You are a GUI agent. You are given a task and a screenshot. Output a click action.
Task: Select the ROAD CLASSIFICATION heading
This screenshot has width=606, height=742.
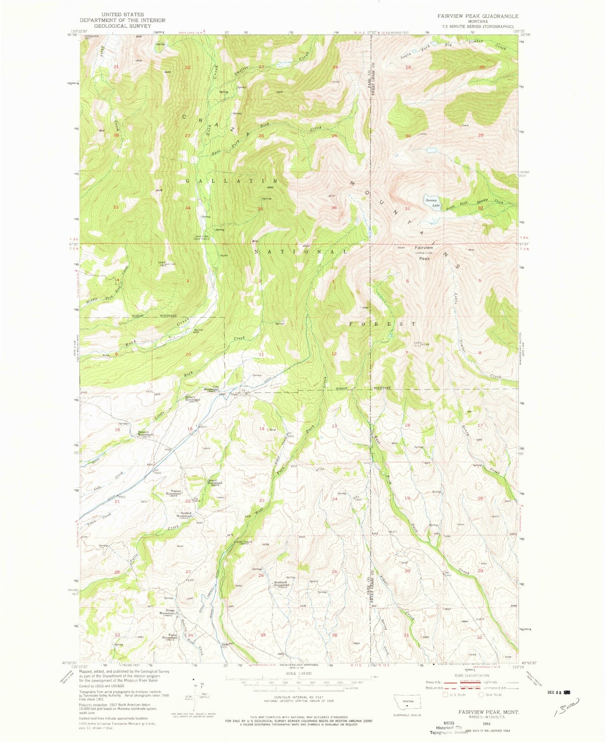(x=472, y=675)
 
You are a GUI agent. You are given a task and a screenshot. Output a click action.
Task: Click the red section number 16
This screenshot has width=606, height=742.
(x=118, y=429)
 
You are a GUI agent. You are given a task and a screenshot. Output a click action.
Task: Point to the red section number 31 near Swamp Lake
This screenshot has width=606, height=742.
(x=407, y=208)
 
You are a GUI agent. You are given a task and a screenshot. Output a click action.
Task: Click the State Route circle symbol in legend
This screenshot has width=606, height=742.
(x=481, y=694)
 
